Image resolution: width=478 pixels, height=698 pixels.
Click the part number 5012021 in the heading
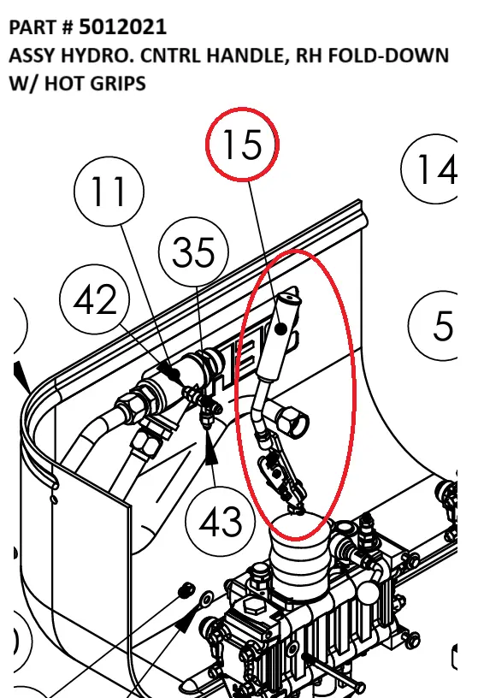pos(123,27)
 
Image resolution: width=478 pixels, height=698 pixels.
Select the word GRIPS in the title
pos(117,84)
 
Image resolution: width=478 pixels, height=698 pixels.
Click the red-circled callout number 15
pos(243,145)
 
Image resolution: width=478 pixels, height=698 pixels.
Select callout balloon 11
pos(109,191)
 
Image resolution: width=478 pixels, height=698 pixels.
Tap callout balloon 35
pos(193,252)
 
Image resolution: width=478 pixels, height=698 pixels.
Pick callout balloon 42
pos(95,299)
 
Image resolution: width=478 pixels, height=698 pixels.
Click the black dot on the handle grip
pos(280,329)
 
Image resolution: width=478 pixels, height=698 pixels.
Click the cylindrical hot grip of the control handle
pos(279,337)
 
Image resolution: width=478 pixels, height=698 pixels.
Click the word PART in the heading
pos(31,27)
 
